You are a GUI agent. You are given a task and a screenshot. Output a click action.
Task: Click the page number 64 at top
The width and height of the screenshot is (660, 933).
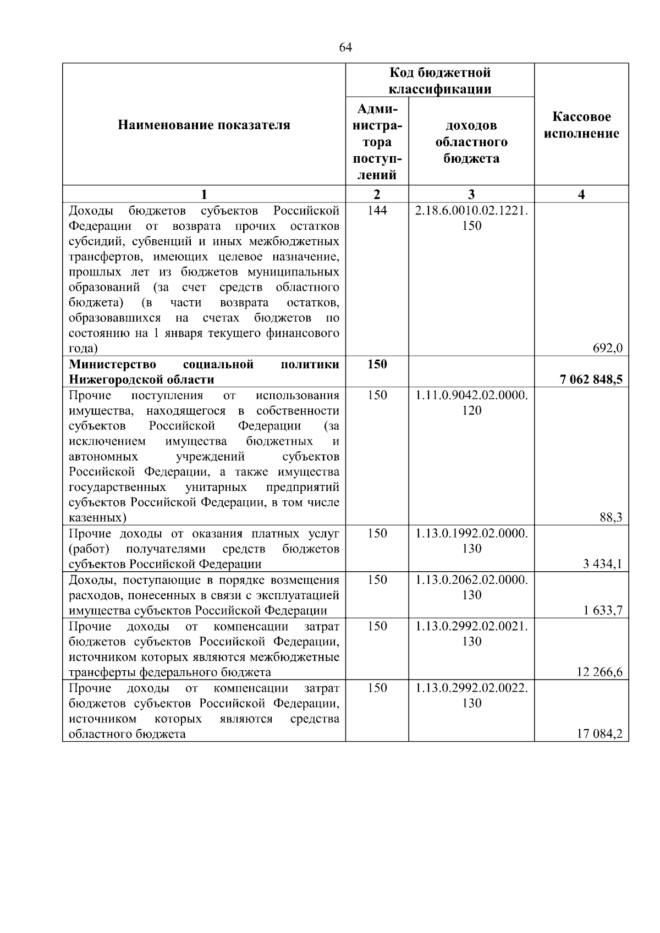(345, 48)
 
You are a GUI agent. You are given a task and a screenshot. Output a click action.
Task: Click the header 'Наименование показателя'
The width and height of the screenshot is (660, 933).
(204, 125)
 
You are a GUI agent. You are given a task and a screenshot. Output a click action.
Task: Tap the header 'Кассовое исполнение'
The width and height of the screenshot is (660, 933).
(581, 125)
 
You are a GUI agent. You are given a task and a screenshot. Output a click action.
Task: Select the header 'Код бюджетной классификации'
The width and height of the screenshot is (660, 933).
(440, 80)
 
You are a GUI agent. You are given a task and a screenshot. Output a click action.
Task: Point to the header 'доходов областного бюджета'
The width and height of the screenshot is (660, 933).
(471, 142)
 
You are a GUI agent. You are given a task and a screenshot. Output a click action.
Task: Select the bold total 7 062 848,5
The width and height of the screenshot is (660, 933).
(591, 379)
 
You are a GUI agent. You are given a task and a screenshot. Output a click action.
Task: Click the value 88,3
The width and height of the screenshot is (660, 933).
(612, 517)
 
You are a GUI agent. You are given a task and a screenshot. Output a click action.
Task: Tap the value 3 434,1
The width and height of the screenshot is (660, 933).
(606, 564)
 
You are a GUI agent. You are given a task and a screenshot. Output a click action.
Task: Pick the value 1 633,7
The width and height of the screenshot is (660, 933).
(606, 610)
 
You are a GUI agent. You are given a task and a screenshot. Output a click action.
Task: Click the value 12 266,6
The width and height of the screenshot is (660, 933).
(603, 672)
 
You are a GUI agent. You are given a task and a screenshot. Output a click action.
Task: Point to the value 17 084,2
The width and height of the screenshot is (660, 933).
(603, 734)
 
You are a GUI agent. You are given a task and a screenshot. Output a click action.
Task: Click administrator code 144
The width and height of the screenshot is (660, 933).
(377, 211)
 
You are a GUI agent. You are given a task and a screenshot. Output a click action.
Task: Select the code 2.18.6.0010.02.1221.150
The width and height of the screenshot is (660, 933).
(471, 218)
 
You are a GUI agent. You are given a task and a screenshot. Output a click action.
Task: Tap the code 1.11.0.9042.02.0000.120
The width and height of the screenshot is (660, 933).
(471, 402)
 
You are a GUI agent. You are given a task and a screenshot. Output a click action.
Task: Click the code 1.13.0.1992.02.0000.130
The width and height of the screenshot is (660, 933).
(471, 540)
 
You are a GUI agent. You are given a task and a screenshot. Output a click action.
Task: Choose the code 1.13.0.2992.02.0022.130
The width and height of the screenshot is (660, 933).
(471, 695)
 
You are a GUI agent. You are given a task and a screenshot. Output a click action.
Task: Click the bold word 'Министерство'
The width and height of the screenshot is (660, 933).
(112, 365)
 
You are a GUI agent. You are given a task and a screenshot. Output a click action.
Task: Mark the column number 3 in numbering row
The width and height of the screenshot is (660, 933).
(471, 194)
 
